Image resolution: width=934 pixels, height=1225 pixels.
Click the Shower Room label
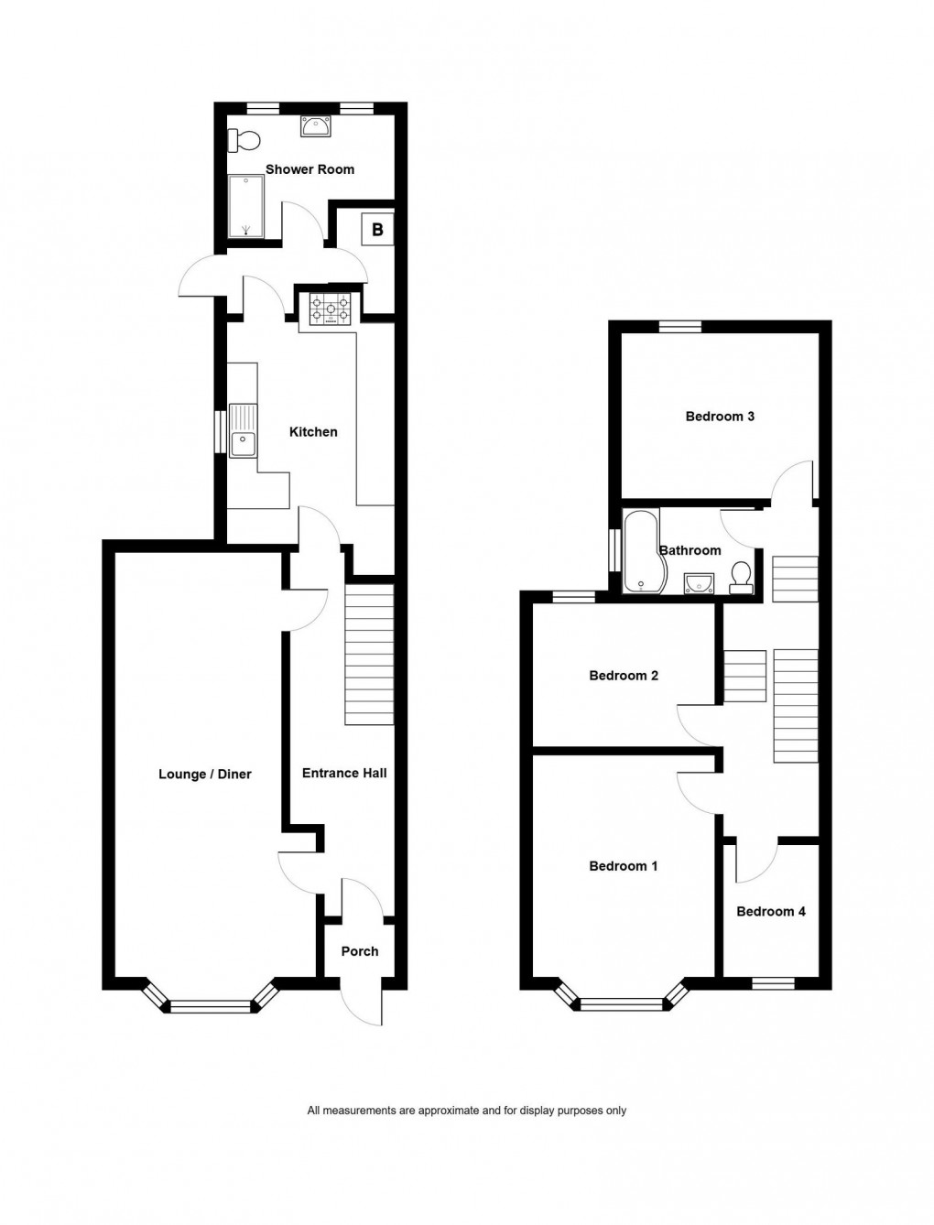(x=310, y=169)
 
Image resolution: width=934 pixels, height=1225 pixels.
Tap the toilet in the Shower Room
(x=244, y=141)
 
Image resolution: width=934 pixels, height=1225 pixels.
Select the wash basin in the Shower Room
(x=316, y=127)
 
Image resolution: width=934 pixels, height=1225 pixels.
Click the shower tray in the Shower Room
(x=245, y=206)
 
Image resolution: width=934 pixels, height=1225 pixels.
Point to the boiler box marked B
(x=377, y=229)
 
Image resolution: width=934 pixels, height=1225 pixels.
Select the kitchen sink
(x=244, y=431)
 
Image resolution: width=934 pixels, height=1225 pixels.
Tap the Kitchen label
(x=313, y=432)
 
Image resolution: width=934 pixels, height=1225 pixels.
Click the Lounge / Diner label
(x=204, y=775)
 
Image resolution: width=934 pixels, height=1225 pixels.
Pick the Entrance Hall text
(x=344, y=774)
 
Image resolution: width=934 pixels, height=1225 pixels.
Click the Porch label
(x=359, y=952)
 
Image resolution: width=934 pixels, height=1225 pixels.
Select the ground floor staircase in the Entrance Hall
(x=369, y=656)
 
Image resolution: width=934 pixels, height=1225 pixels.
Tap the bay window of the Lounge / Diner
(x=210, y=1005)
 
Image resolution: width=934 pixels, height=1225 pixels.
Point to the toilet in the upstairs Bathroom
(x=741, y=576)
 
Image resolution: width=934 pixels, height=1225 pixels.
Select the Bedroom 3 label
(x=720, y=417)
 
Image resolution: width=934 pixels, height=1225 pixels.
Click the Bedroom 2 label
(x=623, y=677)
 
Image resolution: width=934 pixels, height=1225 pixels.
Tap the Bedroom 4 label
(x=770, y=912)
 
